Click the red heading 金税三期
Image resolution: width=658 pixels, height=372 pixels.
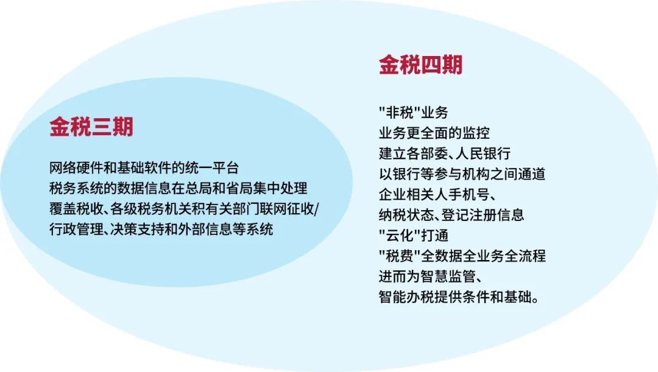tap(91, 126)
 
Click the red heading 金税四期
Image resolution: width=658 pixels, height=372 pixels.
tap(420, 65)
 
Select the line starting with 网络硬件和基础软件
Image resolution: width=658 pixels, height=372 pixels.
tap(144, 168)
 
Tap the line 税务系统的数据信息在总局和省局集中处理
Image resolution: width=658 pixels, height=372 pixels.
tap(179, 188)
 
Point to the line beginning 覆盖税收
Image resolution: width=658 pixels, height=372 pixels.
tap(184, 209)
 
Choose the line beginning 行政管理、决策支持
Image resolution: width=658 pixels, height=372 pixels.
tap(161, 230)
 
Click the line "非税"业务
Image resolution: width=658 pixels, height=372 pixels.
tap(413, 113)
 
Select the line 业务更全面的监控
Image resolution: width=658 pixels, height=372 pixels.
tap(434, 133)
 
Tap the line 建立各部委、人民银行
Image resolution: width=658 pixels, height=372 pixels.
tap(444, 153)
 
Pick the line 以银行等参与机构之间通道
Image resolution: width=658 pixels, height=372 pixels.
tap(462, 174)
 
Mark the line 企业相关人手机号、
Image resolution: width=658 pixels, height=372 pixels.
tap(437, 195)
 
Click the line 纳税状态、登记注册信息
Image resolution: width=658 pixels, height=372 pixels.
tap(451, 215)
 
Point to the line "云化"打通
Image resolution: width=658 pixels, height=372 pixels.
tap(413, 236)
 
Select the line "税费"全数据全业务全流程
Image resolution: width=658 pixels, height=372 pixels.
tap(462, 256)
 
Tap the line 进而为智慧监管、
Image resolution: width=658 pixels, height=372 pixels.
tap(431, 277)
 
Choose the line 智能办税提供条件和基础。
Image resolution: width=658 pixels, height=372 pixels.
tap(459, 297)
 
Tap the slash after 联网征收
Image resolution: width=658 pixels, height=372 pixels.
tap(316, 209)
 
